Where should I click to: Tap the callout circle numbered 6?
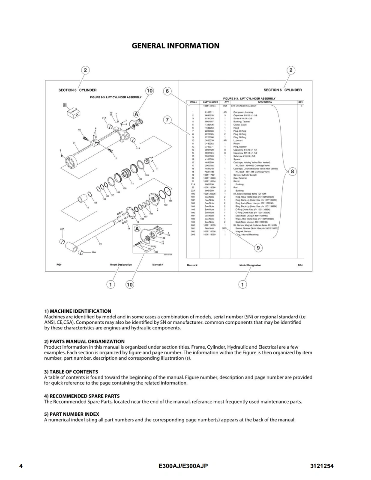point(168,91)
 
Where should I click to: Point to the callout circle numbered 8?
point(293,172)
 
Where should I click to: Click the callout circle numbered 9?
point(258,248)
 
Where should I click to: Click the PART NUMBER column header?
point(211,102)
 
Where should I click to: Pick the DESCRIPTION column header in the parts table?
point(265,102)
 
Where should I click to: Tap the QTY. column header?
point(227,102)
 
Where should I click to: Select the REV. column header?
point(300,102)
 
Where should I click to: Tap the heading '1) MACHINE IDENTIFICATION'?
point(78,311)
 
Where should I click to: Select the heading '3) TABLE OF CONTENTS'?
point(71,372)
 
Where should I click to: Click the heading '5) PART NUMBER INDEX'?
point(72,414)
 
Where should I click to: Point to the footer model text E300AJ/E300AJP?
point(183,466)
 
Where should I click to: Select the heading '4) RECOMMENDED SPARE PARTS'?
point(82,396)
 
